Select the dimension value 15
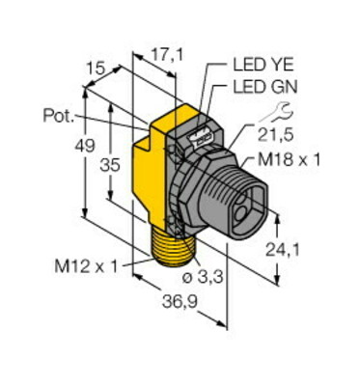coord(96,69)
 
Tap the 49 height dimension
coord(85,147)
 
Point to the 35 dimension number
coord(110,166)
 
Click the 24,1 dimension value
coord(282,250)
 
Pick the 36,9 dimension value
coord(179,302)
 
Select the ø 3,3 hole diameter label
coord(203,277)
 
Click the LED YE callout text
coord(263,66)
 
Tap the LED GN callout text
coord(265,87)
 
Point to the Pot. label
coord(59,116)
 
